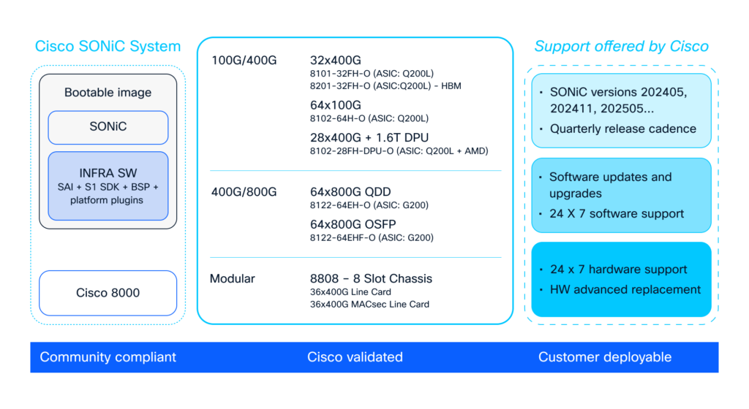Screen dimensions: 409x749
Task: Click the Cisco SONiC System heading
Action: [108, 47]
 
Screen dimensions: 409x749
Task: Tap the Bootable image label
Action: [108, 93]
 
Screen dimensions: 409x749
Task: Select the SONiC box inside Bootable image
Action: [108, 127]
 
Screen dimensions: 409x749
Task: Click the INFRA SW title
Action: [108, 173]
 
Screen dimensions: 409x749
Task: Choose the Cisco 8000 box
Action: [108, 293]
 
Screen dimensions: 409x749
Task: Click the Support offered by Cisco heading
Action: [621, 47]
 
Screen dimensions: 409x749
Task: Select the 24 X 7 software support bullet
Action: [617, 214]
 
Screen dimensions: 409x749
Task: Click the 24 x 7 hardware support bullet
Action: [618, 270]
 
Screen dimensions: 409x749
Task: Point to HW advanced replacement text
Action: [625, 289]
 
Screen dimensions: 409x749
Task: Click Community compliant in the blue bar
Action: [108, 357]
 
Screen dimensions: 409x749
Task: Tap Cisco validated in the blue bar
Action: [355, 357]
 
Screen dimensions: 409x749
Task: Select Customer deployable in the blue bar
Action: [605, 357]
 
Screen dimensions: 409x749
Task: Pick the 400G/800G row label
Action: [243, 192]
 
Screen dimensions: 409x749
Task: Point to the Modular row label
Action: [233, 278]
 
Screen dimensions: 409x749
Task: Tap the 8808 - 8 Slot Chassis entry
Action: [371, 278]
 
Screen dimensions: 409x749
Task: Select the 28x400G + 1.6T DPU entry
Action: [371, 138]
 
